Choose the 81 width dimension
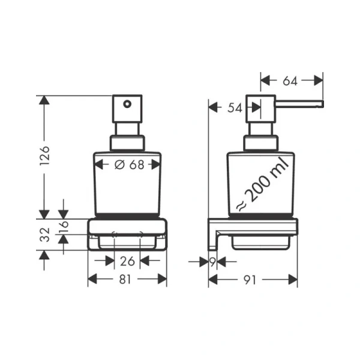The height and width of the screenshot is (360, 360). [x=127, y=278]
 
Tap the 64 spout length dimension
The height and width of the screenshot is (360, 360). [x=292, y=80]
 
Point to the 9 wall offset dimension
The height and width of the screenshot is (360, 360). [x=212, y=261]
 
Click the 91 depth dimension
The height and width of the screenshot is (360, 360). [x=253, y=278]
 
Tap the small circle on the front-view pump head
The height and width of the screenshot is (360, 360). [x=127, y=104]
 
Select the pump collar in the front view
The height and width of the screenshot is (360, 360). [x=127, y=143]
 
